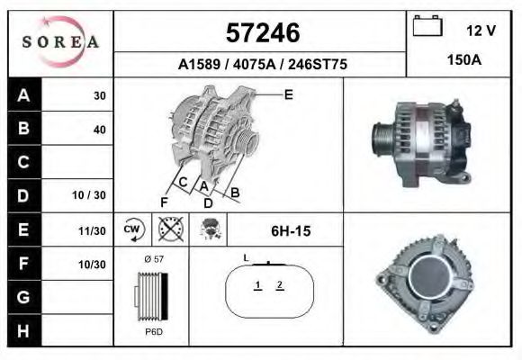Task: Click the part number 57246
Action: coord(261,33)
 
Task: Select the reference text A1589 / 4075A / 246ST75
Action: coord(261,65)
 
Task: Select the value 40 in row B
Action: coord(99,129)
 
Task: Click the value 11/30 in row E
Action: coord(93,230)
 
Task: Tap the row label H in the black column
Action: coord(22,331)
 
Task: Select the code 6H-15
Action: coord(290,231)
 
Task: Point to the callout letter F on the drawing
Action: coord(164,202)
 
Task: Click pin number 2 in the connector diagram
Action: coord(280,285)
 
